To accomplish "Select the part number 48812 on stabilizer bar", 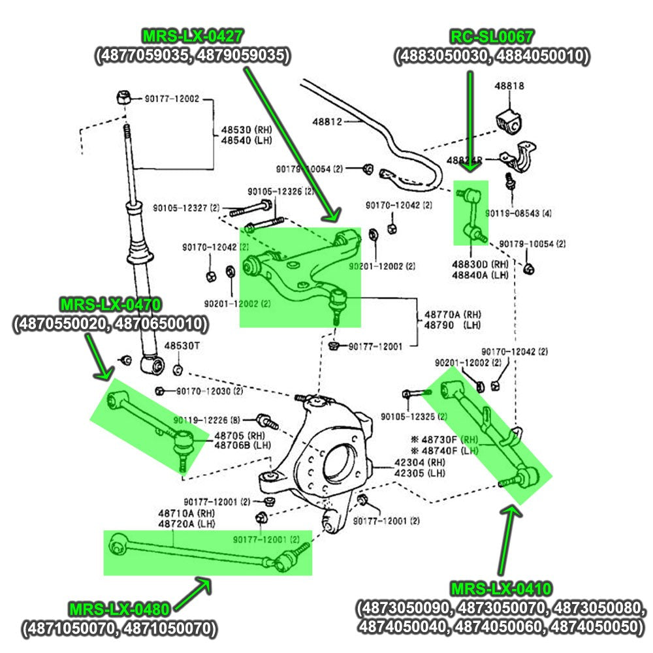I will click(x=326, y=121).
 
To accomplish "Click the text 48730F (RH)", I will click(x=447, y=439).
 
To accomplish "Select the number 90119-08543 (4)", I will click(x=518, y=213).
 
